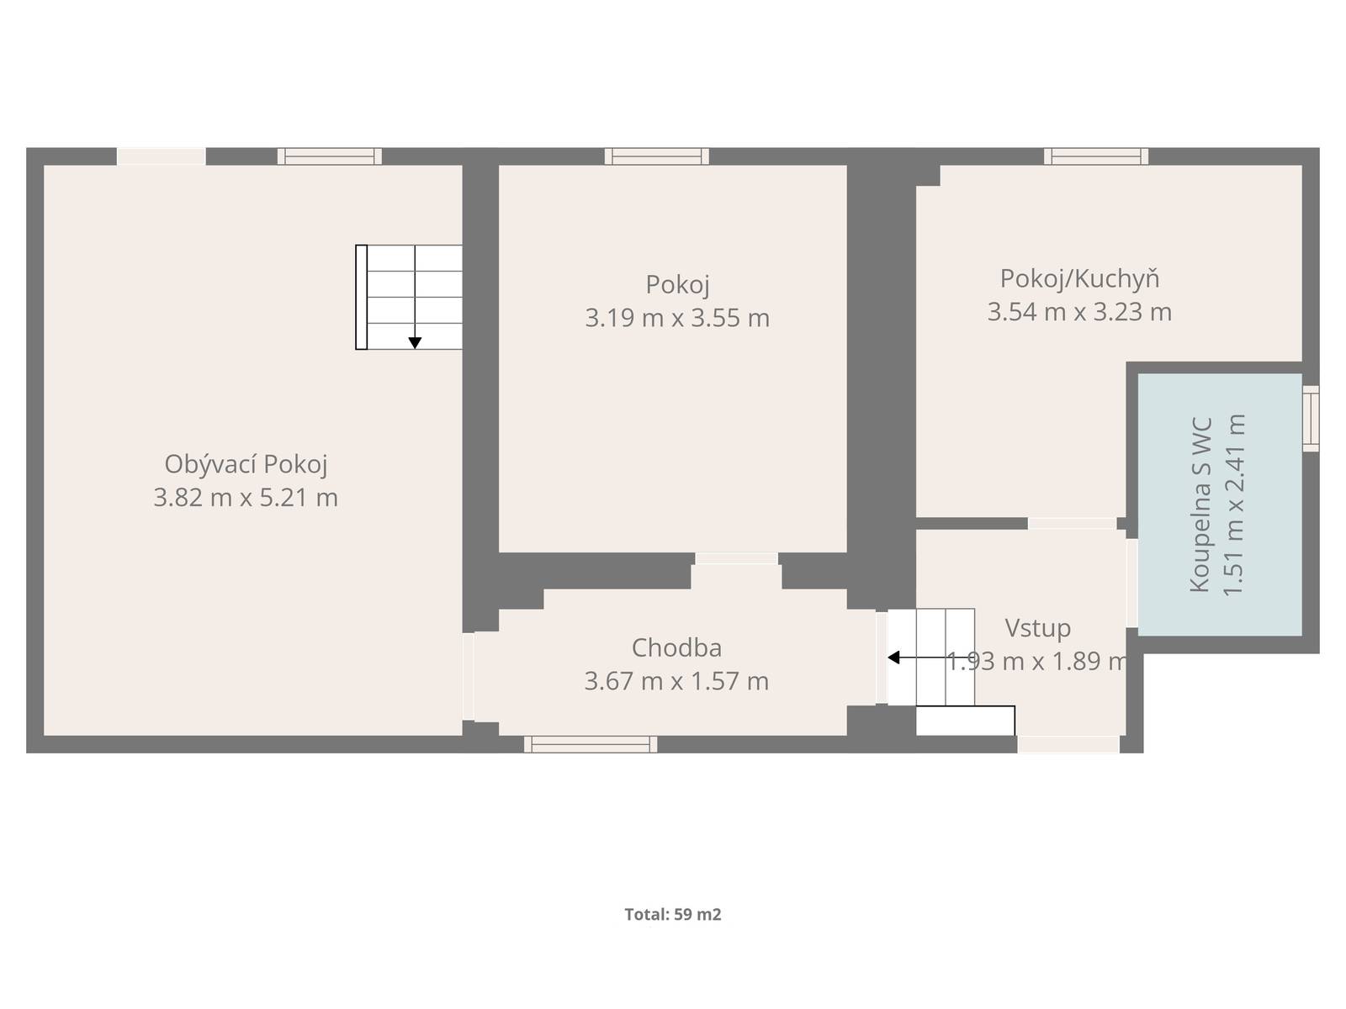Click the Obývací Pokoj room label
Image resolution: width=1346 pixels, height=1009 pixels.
click(246, 464)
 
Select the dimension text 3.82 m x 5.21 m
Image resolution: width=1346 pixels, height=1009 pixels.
click(246, 498)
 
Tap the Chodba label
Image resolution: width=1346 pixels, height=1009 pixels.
click(676, 648)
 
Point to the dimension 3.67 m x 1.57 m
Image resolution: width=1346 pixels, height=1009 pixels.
click(676, 681)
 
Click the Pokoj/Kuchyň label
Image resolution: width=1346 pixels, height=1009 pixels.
click(1080, 279)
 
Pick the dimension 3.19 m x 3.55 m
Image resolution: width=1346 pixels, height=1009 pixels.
click(677, 318)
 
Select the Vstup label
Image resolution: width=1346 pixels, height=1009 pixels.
click(1037, 629)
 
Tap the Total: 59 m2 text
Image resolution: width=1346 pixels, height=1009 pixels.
click(673, 915)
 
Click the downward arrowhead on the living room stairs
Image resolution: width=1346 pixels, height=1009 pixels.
click(415, 343)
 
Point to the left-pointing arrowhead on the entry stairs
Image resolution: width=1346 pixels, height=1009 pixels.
click(893, 658)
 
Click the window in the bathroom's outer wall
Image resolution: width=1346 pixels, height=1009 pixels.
click(1311, 419)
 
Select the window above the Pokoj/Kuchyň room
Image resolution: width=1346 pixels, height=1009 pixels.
click(1096, 156)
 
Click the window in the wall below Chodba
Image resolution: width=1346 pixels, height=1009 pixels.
click(591, 744)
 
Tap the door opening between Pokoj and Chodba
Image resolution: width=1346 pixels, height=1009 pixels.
click(736, 558)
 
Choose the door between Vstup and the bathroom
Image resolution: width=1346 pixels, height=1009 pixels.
click(1132, 584)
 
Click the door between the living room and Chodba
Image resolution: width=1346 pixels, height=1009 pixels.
click(469, 676)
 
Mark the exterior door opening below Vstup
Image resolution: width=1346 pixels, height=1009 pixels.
click(1069, 744)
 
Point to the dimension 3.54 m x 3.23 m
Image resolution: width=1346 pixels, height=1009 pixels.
click(1079, 312)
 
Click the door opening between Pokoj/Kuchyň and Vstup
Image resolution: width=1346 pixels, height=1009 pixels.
click(1072, 523)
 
